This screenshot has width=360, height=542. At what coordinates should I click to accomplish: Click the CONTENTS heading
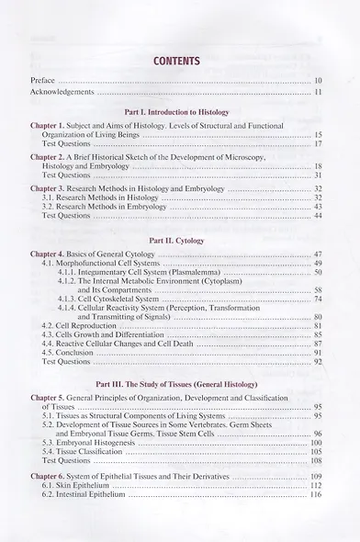pos(179,62)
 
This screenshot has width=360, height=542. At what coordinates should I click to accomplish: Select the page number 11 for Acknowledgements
pos(317,92)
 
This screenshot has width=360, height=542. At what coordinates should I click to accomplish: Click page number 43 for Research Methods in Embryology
pos(317,206)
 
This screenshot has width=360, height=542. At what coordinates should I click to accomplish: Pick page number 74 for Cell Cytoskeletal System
pos(317,299)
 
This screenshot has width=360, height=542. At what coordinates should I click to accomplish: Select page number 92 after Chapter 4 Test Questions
pos(317,361)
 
